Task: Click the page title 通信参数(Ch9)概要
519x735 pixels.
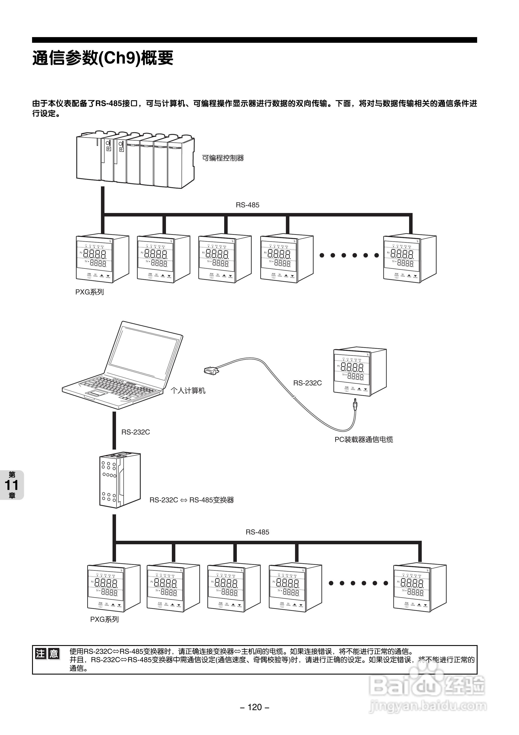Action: [x=103, y=58]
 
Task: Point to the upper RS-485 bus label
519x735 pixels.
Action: [x=247, y=205]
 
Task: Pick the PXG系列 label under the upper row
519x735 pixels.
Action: [x=90, y=292]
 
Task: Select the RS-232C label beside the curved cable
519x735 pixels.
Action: [x=307, y=383]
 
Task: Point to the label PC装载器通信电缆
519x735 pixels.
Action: [x=364, y=440]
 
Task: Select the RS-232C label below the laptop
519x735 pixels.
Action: [x=135, y=432]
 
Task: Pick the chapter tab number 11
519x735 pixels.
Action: [x=12, y=485]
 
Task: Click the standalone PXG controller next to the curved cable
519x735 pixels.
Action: [x=360, y=372]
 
